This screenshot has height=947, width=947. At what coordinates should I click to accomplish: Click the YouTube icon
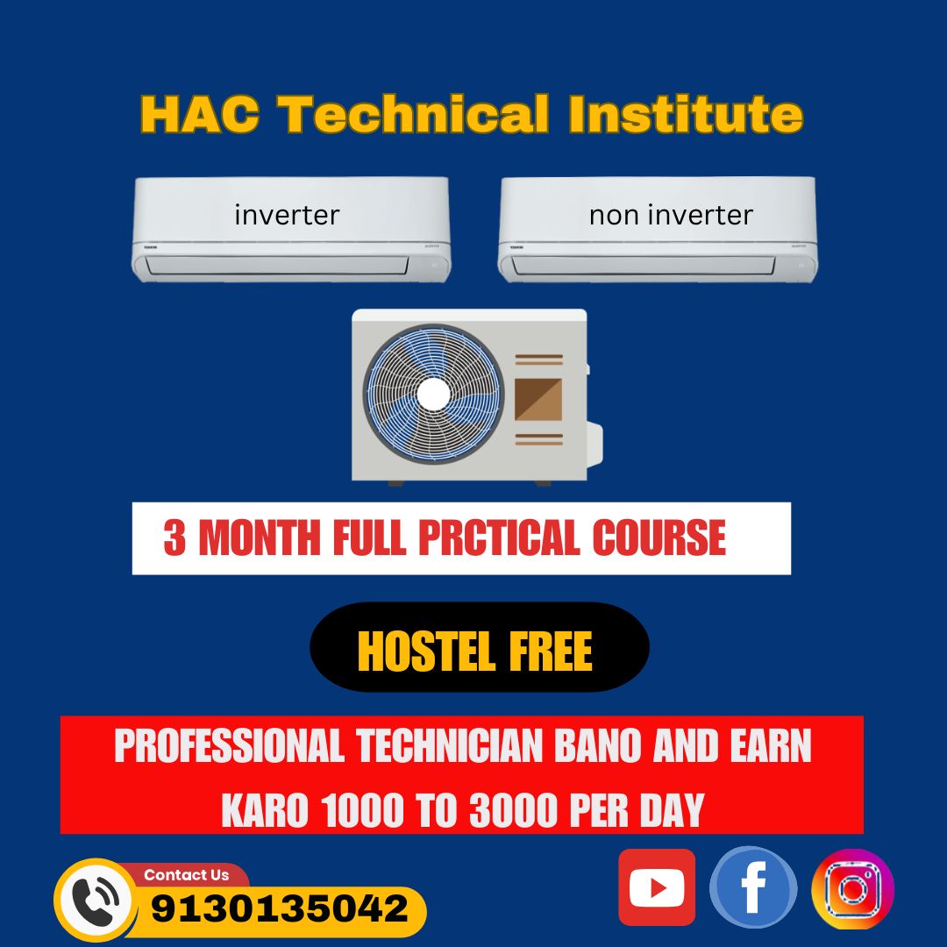[657, 887]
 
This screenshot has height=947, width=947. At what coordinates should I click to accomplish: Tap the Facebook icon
[753, 887]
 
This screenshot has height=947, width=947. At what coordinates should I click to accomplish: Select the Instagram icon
[852, 889]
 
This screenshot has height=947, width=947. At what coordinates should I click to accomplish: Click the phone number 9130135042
[280, 908]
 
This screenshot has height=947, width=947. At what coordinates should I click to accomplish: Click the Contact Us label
[186, 875]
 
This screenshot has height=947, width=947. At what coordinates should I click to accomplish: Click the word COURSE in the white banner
[659, 538]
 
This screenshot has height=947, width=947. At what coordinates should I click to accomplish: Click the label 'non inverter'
[671, 215]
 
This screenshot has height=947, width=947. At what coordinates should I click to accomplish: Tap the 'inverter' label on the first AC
[287, 214]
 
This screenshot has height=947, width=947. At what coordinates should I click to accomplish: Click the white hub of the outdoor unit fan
[433, 394]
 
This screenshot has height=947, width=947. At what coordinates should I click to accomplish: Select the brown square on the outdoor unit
[538, 399]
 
